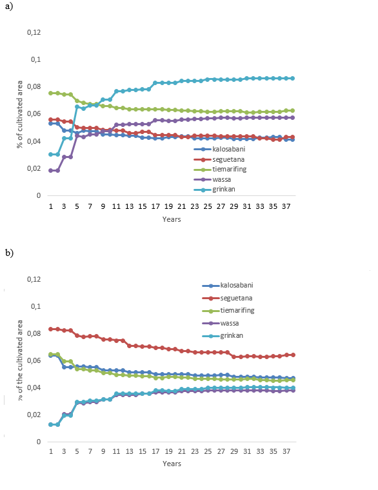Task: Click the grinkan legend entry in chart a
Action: [215, 190]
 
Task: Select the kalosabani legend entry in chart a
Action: [219, 150]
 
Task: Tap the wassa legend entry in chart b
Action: [221, 323]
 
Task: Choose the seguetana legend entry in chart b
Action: [227, 298]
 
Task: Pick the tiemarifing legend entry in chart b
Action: [228, 311]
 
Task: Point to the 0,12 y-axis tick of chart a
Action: [34, 32]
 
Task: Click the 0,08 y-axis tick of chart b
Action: [34, 333]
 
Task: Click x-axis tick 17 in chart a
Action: [155, 206]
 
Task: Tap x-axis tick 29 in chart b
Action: [234, 451]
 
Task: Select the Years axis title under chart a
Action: [172, 219]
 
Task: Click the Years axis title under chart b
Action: [172, 464]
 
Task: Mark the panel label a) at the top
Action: [9, 6]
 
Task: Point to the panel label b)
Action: [9, 253]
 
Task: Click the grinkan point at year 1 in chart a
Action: [51, 154]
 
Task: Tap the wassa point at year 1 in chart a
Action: [51, 171]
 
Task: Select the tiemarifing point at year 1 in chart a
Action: [51, 93]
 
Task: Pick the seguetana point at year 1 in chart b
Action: [51, 329]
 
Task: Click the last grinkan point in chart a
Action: [293, 79]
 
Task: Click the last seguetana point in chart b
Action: [293, 355]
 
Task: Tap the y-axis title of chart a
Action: [20, 114]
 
